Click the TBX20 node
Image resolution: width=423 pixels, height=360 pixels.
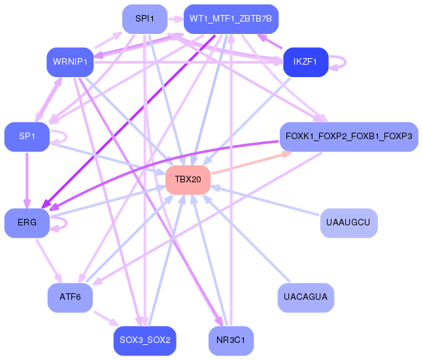[188, 180]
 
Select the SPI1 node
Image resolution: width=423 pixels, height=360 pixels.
[145, 19]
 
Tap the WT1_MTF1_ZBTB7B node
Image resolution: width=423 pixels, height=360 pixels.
[231, 19]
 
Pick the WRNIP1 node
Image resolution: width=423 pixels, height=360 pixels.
[70, 62]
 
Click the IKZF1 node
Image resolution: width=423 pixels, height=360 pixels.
[306, 62]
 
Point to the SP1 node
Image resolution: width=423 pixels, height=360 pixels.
[27, 137]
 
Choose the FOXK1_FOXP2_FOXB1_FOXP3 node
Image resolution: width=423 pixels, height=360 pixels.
[349, 137]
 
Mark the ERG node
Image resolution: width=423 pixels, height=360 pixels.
[27, 223]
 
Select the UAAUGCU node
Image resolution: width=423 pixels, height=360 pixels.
[349, 223]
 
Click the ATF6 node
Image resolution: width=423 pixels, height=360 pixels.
[70, 297]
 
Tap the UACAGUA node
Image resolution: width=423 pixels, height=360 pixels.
[306, 297]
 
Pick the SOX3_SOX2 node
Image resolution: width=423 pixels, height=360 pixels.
[145, 340]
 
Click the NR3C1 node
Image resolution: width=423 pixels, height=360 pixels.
[231, 340]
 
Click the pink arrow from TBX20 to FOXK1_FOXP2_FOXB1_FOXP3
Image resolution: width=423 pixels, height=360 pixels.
[252, 163]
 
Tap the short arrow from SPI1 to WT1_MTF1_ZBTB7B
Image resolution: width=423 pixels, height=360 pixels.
[176, 19]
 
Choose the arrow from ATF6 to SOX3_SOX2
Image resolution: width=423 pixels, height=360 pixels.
[106, 319]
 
